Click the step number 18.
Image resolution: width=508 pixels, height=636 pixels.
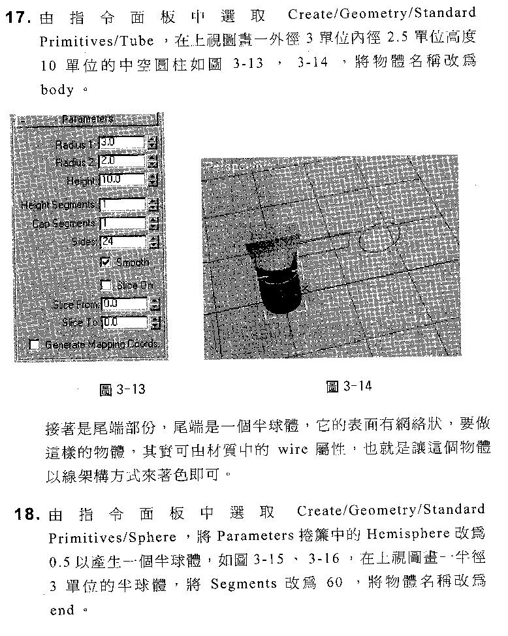coord(27,514)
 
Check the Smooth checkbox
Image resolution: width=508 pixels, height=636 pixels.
coord(105,262)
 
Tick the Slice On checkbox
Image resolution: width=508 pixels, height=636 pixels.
coord(105,285)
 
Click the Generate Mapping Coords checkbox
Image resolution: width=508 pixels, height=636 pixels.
coord(34,344)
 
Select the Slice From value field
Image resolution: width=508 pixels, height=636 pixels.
coord(123,304)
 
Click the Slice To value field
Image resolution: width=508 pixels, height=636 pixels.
coord(123,322)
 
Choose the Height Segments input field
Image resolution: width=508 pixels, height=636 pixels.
coord(121,204)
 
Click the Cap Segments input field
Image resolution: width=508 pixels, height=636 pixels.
coord(121,223)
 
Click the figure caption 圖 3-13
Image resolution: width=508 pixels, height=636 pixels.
coord(121,390)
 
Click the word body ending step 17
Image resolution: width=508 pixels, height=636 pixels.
coord(57,91)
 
